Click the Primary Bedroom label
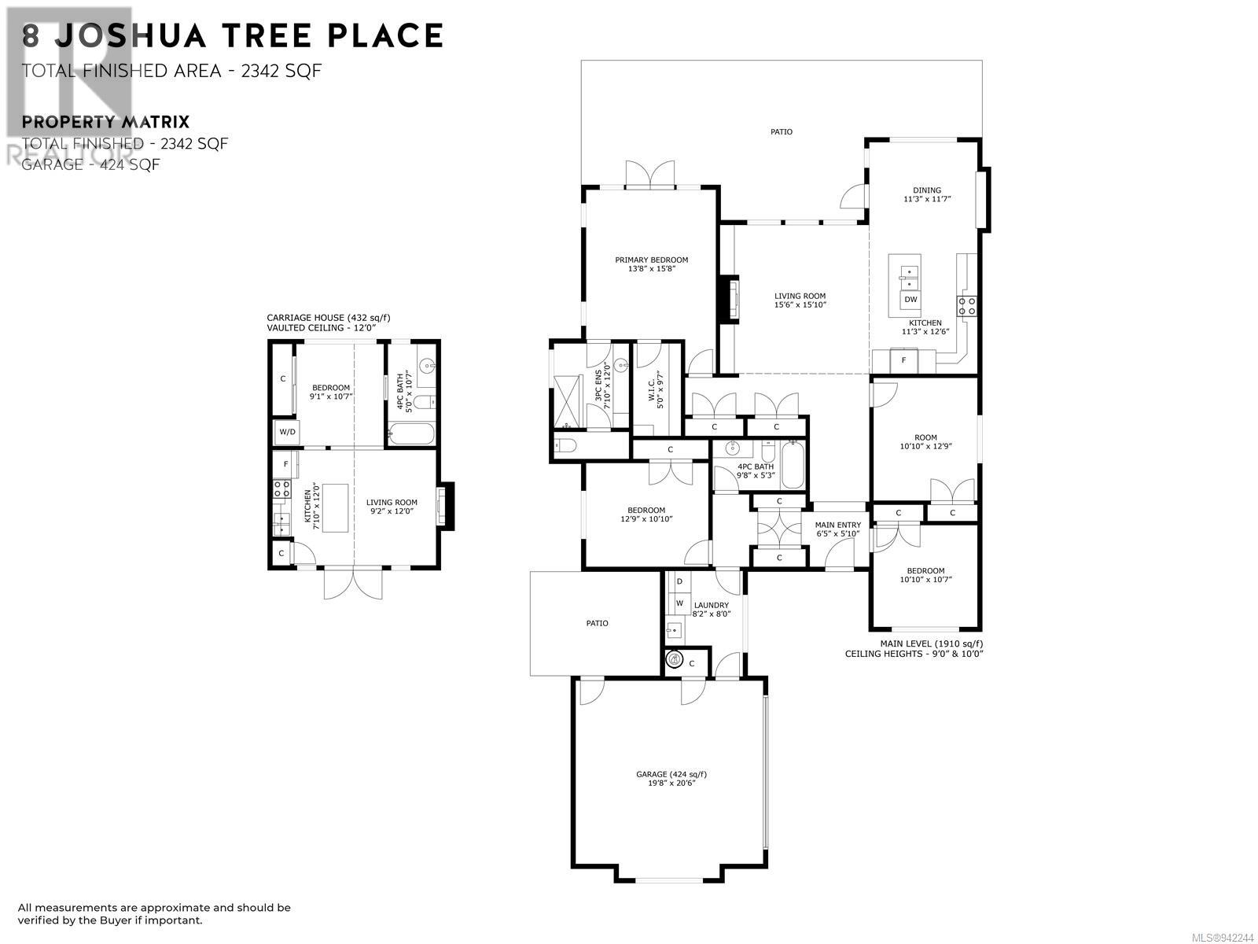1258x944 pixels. [651, 264]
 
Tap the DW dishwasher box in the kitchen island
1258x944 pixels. [910, 299]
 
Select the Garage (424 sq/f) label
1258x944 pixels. [671, 778]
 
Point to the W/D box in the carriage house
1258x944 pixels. [287, 432]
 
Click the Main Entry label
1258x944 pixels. [837, 529]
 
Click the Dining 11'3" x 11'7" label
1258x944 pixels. [927, 194]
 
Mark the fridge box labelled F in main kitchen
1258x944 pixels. [904, 360]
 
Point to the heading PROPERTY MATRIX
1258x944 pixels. [105, 122]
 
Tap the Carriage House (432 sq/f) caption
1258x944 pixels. [329, 318]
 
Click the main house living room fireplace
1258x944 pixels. [730, 297]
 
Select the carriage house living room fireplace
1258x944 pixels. [445, 505]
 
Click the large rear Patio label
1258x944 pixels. [782, 132]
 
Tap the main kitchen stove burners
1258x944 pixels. [966, 306]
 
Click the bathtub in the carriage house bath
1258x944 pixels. [411, 433]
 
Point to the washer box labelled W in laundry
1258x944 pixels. [680, 603]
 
